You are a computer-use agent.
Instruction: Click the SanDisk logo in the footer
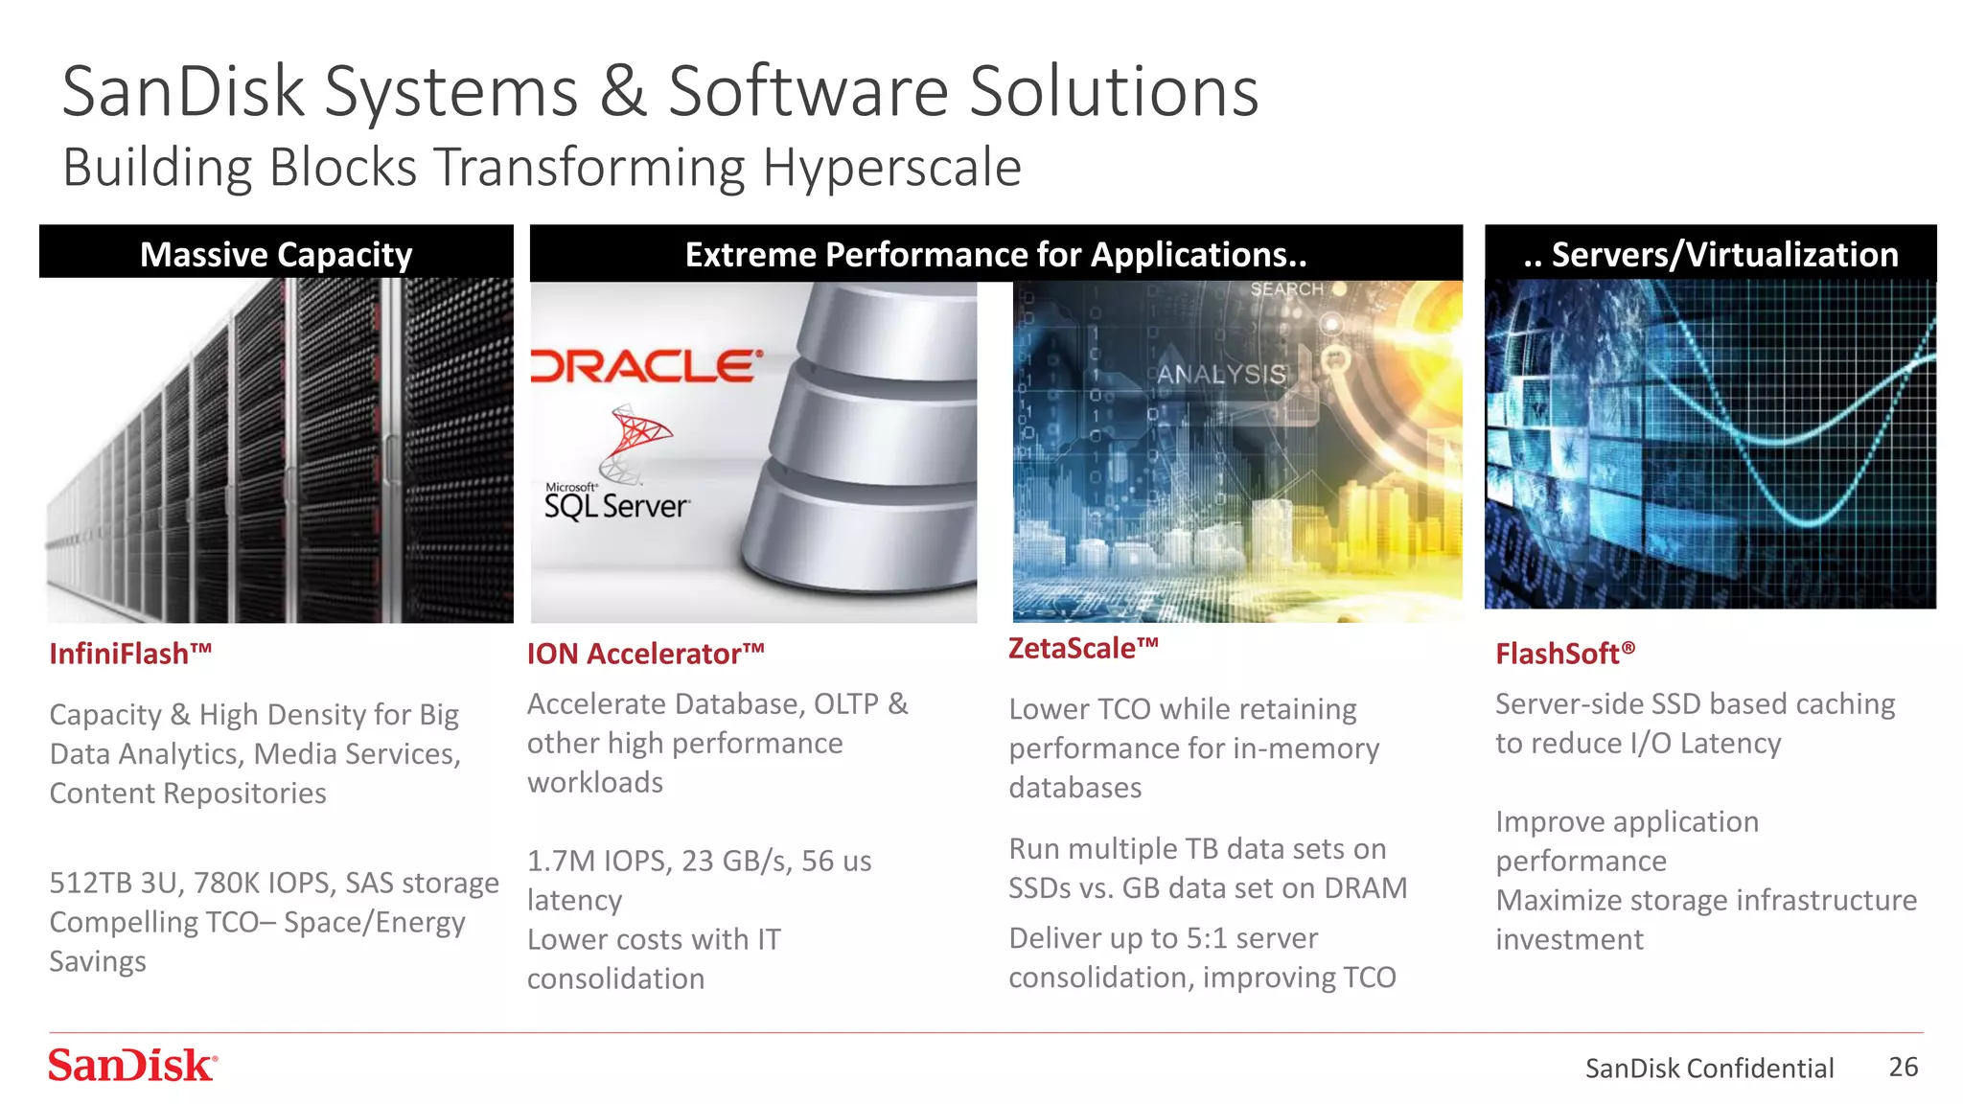[132, 1066]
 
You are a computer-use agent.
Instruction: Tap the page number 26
[1903, 1067]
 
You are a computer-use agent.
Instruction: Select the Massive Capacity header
[276, 254]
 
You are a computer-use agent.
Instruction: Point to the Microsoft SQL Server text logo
[616, 504]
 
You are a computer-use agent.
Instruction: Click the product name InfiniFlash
[130, 654]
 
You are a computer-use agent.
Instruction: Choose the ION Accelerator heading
[645, 654]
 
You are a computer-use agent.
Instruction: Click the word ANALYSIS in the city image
[1221, 375]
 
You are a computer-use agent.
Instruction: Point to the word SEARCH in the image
[1286, 289]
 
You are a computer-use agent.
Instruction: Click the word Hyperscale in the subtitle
[891, 168]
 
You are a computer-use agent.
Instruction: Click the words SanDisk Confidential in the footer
[1709, 1068]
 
